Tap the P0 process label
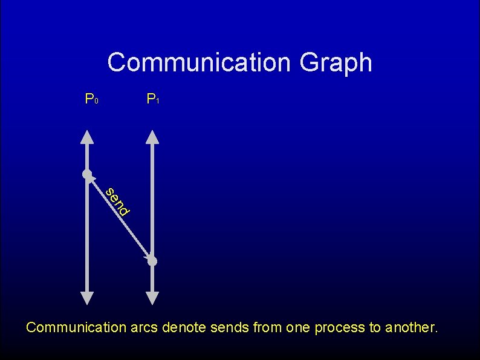click(x=91, y=99)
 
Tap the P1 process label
click(x=152, y=99)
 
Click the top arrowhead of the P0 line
click(x=87, y=136)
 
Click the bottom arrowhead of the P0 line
click(x=87, y=298)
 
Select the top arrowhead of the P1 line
click(x=152, y=136)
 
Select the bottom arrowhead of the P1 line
click(x=152, y=298)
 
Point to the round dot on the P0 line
click(x=87, y=175)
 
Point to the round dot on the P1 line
click(x=152, y=261)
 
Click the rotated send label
click(x=117, y=202)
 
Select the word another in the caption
click(x=411, y=328)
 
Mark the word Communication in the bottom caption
click(x=76, y=328)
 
